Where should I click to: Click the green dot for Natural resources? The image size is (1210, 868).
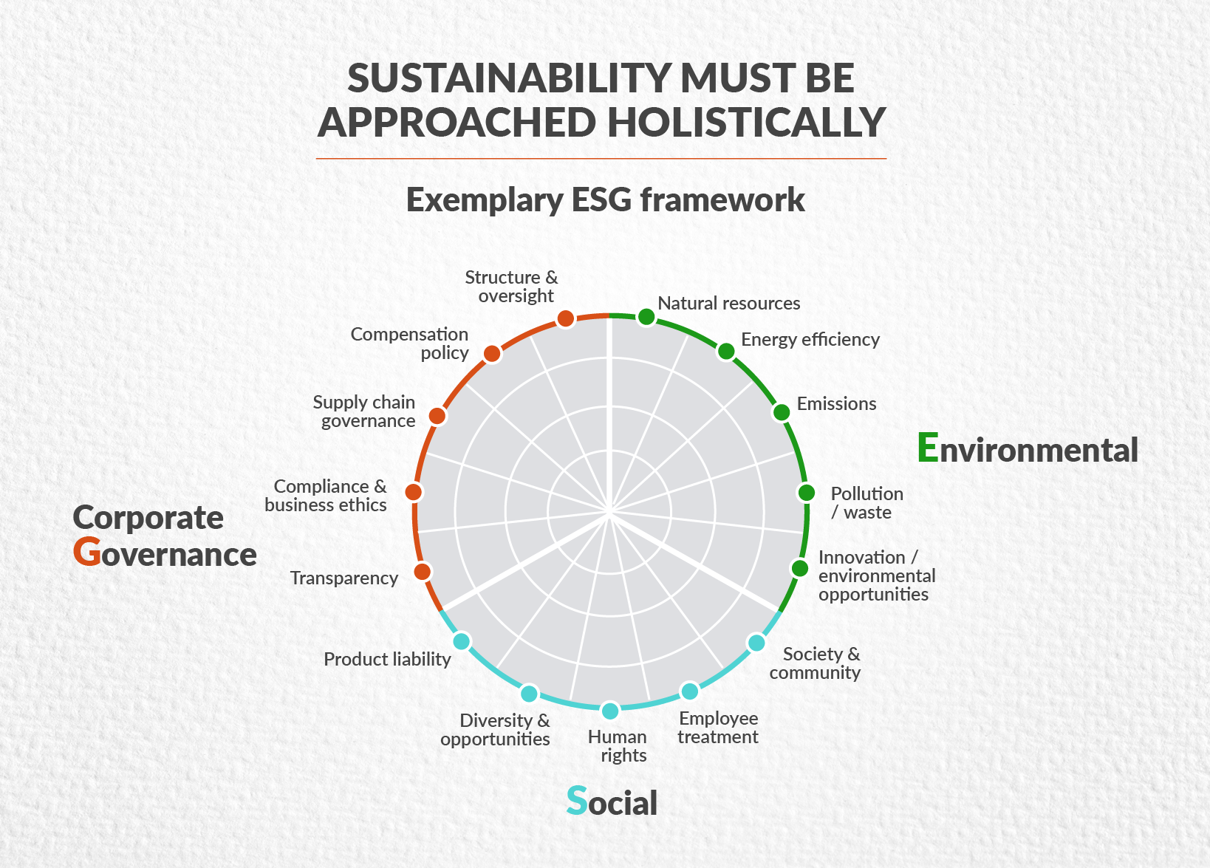pos(646,317)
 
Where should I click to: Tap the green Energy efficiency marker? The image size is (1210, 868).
pos(726,352)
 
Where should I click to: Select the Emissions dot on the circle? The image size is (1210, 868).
pos(781,412)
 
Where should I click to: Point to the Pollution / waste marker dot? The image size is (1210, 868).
pos(807,493)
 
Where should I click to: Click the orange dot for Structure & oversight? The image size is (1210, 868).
pos(565,318)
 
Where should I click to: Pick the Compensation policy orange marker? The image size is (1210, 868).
pos(492,354)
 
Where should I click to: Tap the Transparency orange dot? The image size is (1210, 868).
pos(423,571)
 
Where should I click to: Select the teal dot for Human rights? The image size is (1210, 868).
pos(610,711)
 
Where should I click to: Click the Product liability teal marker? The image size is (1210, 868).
pos(461,641)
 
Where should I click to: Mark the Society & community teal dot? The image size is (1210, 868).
pos(756,643)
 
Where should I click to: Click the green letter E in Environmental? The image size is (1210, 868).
pos(928,448)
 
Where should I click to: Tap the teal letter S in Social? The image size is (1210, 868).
pos(576,801)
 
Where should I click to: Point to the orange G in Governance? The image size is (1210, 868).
pos(87,553)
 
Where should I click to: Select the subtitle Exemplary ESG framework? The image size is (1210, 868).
pos(605,200)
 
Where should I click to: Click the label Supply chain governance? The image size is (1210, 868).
pos(365,411)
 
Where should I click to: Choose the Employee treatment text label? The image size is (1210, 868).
pos(718,728)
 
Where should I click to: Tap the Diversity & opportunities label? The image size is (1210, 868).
pos(496,730)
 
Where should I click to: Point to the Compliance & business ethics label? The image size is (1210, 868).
pos(327,496)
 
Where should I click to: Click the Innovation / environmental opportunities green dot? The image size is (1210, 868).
pos(799,568)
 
